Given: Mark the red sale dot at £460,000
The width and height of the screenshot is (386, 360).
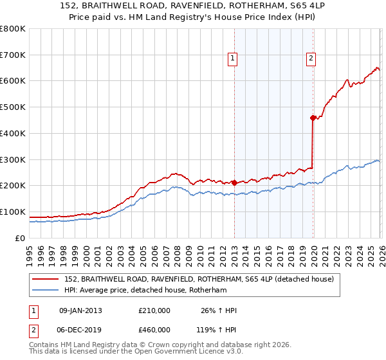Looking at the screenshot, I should [313, 118].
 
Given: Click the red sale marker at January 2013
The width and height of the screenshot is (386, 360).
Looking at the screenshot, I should [234, 183].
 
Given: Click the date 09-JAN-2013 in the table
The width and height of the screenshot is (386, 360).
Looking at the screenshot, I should [80, 310].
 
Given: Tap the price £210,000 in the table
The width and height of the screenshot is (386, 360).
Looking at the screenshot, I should [154, 310].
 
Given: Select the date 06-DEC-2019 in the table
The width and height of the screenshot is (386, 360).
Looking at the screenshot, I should [80, 329].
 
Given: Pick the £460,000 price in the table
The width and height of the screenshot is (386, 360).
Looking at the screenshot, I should [154, 329].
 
